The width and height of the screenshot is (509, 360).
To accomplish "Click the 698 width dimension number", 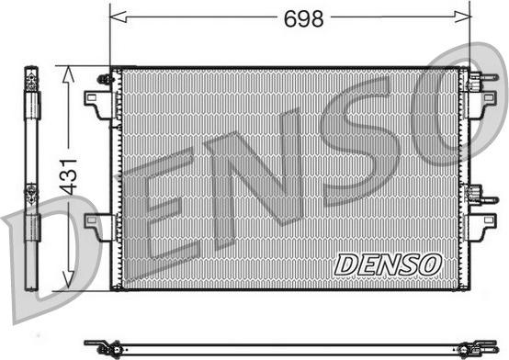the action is coord(303,18).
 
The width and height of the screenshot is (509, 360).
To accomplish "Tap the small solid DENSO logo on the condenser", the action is coord(388,264).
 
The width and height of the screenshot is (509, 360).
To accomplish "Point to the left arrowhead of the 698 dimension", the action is coord(119,17).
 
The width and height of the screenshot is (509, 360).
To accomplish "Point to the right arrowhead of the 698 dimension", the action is coord(462,17).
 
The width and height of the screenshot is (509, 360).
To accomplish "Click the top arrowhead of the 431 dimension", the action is coord(69,73).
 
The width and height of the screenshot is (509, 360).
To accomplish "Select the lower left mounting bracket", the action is coord(100,227).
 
